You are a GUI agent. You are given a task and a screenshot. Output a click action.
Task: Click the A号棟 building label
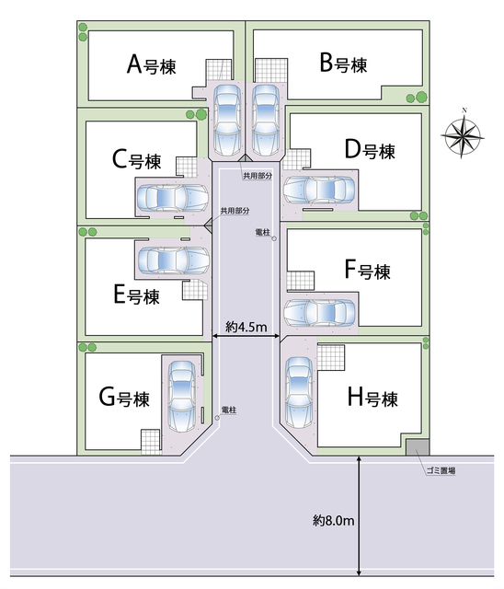[151, 64]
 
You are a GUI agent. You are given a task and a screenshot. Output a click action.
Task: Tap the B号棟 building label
[343, 64]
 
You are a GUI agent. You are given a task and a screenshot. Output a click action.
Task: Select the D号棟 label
[370, 150]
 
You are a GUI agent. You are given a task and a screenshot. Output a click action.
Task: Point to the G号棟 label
[124, 398]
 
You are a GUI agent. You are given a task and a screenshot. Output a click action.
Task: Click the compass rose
[463, 134]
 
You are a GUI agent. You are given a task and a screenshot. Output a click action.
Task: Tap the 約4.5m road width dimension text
[246, 327]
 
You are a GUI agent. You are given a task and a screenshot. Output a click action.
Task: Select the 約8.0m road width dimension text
[334, 520]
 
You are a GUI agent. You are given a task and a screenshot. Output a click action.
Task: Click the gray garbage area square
[418, 447]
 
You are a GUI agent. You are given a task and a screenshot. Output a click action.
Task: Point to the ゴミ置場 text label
[441, 470]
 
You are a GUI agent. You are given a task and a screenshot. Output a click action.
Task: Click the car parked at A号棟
[227, 121]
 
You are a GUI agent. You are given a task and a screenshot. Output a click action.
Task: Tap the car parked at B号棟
[266, 121]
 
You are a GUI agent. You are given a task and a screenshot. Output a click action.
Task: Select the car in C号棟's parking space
[173, 198]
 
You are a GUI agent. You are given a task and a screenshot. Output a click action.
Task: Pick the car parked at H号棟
[299, 393]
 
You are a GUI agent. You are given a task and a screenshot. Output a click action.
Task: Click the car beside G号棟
[181, 397]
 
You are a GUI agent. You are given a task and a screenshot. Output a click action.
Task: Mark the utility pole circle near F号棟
[274, 238]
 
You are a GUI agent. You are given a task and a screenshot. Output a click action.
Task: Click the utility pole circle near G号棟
[217, 418]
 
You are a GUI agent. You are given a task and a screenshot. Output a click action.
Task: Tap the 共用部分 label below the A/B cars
[258, 176]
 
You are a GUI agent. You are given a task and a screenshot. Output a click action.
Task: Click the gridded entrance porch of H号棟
[330, 357]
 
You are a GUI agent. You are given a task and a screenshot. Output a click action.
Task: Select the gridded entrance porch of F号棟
[300, 281]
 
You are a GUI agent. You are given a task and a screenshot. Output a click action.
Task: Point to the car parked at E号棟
[174, 260]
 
